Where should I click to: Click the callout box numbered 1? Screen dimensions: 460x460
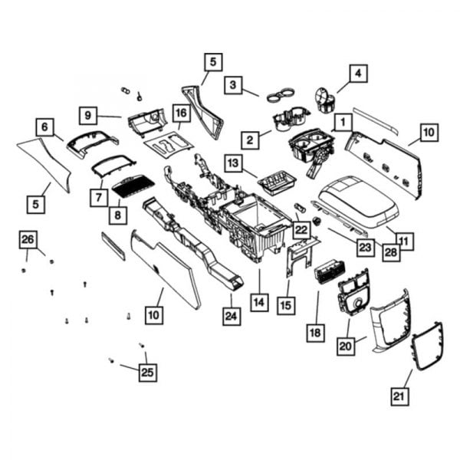[341, 120]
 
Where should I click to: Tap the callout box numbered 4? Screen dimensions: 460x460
[357, 74]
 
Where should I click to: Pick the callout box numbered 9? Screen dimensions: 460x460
[89, 116]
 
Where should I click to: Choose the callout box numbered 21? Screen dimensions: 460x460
[399, 396]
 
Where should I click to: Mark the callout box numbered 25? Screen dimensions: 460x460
[147, 373]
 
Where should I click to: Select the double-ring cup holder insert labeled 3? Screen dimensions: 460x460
[281, 97]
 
